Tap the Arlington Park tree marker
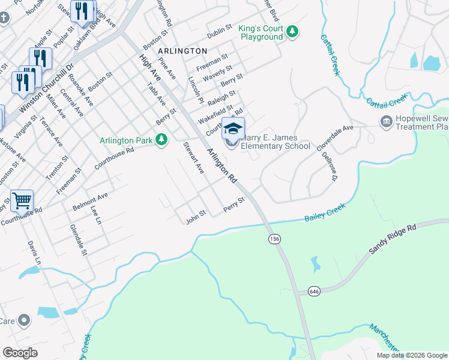pyautogui.click(x=161, y=140)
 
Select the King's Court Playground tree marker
pyautogui.click(x=292, y=31)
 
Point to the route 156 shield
pyautogui.click(x=274, y=239)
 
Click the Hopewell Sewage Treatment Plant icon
pyautogui.click(x=386, y=122)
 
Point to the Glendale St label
pyautogui.click(x=79, y=240)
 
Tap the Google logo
pyautogui.click(x=20, y=353)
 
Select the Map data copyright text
pyautogui.click(x=412, y=355)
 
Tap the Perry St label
pyautogui.click(x=234, y=203)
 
